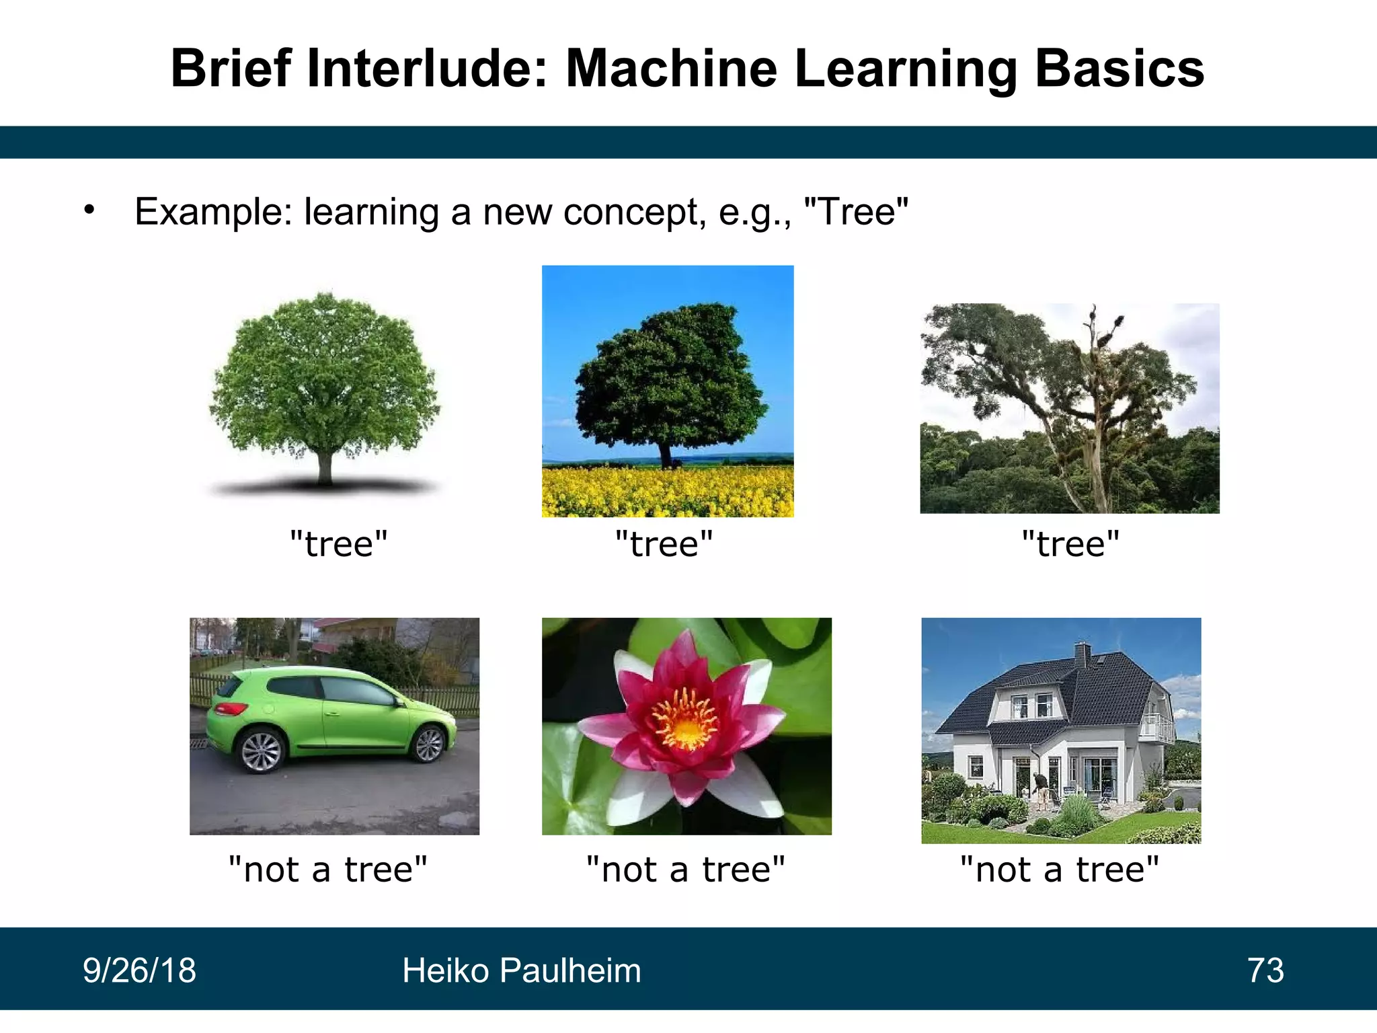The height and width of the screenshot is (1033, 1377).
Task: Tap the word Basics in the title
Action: click(1119, 69)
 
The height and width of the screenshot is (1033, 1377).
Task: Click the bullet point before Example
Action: click(89, 211)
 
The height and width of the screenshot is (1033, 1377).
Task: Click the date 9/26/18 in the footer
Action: click(139, 970)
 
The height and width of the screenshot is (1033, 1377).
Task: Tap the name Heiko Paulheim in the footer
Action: click(522, 970)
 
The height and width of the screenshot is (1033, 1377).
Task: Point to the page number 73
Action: click(1265, 970)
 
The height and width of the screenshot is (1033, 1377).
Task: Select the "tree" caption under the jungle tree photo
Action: click(1070, 543)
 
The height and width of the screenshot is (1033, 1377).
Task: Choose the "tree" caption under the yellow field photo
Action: click(664, 543)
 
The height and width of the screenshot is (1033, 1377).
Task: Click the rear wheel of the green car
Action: click(261, 751)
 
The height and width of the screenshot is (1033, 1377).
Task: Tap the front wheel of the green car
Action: click(429, 744)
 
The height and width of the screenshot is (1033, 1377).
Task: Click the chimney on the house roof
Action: click(1083, 654)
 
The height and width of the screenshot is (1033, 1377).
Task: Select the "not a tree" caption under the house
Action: click(1060, 870)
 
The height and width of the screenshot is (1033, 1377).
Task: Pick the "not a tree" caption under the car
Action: click(328, 870)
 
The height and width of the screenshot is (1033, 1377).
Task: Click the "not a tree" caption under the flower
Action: click(686, 870)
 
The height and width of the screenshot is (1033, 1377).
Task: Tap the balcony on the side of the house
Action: click(1158, 729)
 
